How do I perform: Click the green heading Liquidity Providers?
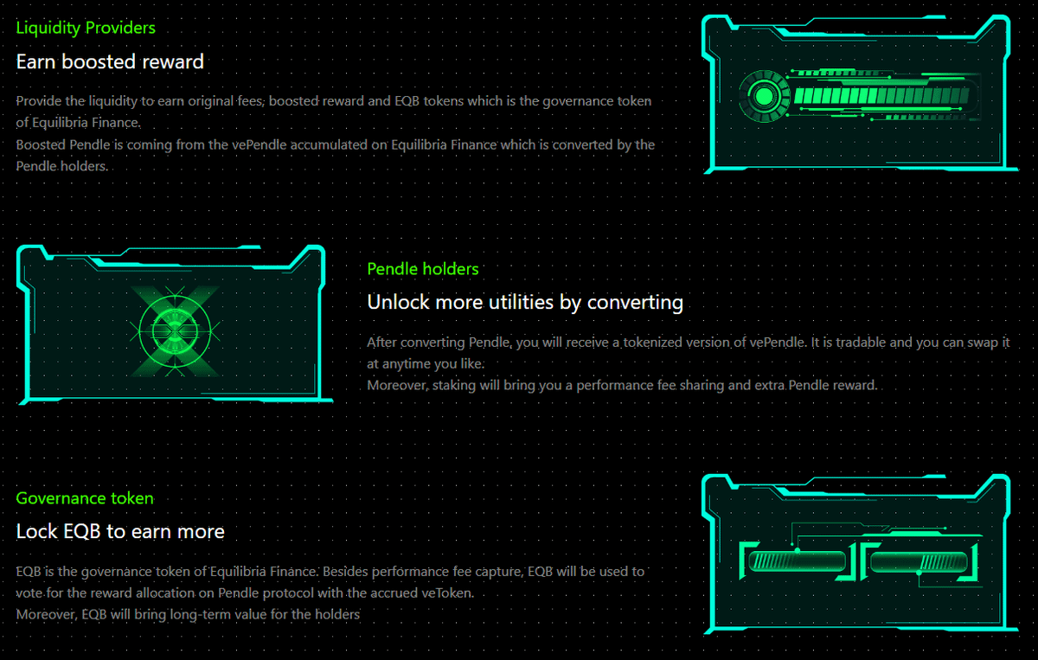(x=86, y=28)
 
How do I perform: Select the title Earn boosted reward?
(x=110, y=61)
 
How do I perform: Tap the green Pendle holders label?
(x=423, y=269)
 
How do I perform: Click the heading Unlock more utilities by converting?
(x=525, y=302)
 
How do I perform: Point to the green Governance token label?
(x=85, y=498)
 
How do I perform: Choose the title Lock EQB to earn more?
(x=120, y=531)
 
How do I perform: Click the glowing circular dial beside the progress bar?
(x=764, y=96)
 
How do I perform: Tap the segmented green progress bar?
(x=881, y=96)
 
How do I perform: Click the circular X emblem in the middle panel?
(x=175, y=331)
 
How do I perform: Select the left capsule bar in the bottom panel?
(x=797, y=561)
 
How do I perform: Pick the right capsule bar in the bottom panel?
(x=919, y=562)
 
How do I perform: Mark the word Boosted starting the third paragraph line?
(x=41, y=144)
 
